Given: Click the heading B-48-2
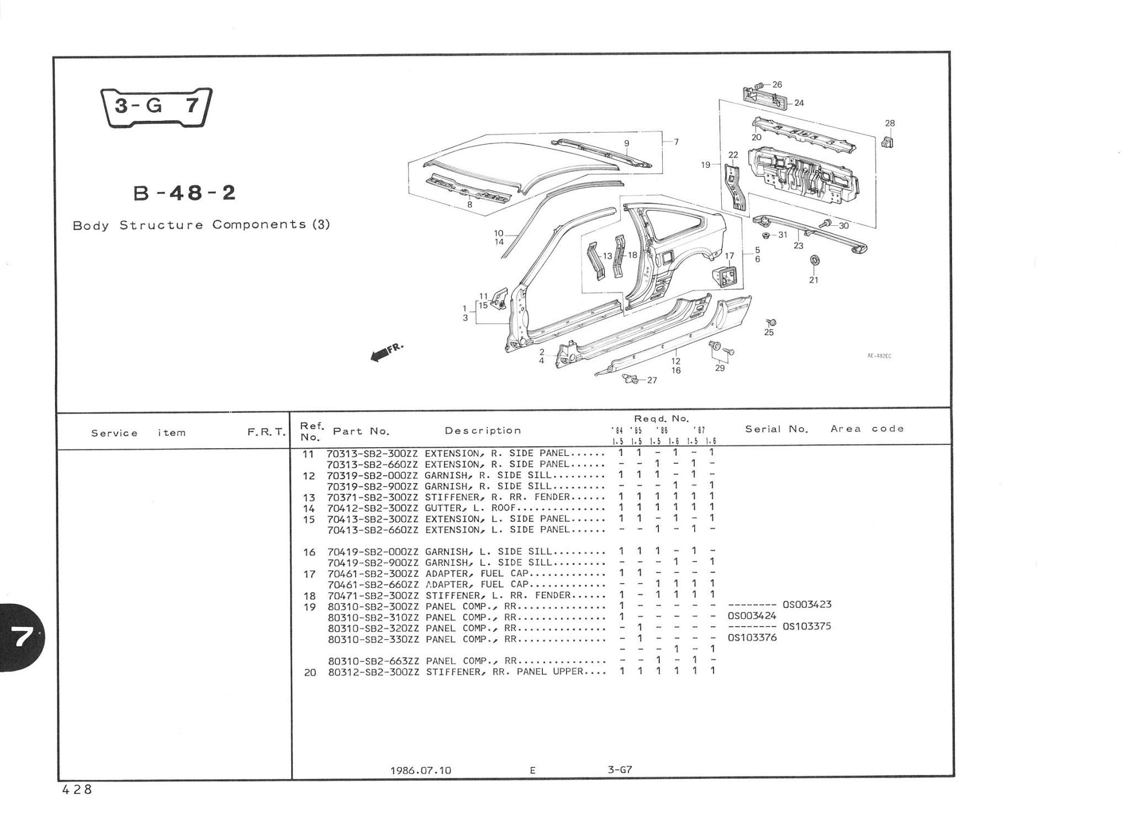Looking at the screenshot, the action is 184,193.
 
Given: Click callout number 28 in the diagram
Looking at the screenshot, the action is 890,123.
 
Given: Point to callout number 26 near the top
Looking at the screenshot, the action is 777,84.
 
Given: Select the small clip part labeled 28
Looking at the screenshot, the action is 888,142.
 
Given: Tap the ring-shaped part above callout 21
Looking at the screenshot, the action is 814,259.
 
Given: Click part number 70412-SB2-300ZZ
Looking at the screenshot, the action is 373,508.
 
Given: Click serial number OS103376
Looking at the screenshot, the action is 752,638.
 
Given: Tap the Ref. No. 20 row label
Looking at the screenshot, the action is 310,672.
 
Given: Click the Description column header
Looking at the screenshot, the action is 483,431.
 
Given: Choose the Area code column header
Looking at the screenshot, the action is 867,429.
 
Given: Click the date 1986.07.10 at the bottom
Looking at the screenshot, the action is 421,770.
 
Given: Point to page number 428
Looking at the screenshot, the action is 77,790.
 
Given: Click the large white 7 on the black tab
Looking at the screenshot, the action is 23,638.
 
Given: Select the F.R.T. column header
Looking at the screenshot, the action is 266,432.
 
